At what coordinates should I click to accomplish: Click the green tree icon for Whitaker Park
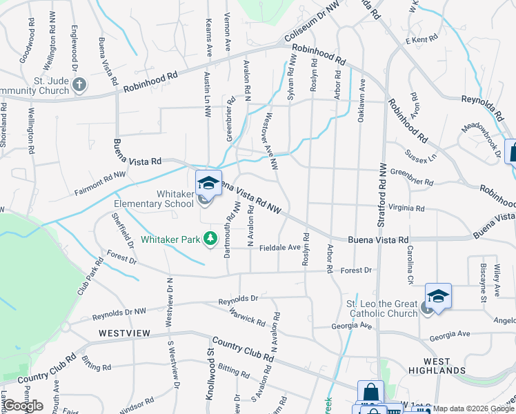[x=210, y=239]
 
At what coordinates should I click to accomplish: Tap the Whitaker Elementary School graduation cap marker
[x=208, y=184]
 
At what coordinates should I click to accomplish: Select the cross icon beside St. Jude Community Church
[x=79, y=85]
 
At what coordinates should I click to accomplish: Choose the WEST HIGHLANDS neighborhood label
[x=437, y=366]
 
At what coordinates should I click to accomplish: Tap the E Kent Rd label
[x=421, y=40]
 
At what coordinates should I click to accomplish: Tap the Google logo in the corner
[x=23, y=406]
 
